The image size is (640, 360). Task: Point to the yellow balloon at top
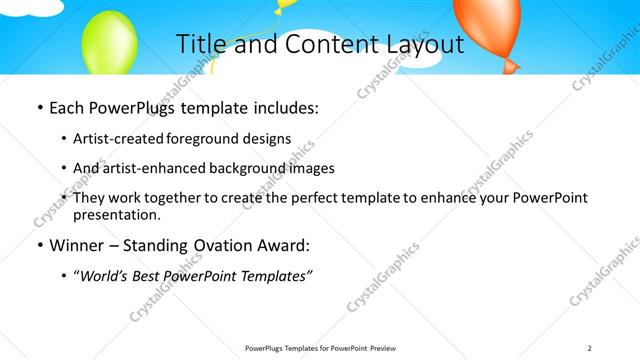pyautogui.click(x=286, y=5)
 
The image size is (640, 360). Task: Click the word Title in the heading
pyautogui.click(x=200, y=45)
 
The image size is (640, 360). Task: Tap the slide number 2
pyautogui.click(x=590, y=347)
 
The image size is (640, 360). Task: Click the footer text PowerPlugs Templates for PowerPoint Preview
pyautogui.click(x=319, y=347)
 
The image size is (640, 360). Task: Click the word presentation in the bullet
pyautogui.click(x=116, y=215)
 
